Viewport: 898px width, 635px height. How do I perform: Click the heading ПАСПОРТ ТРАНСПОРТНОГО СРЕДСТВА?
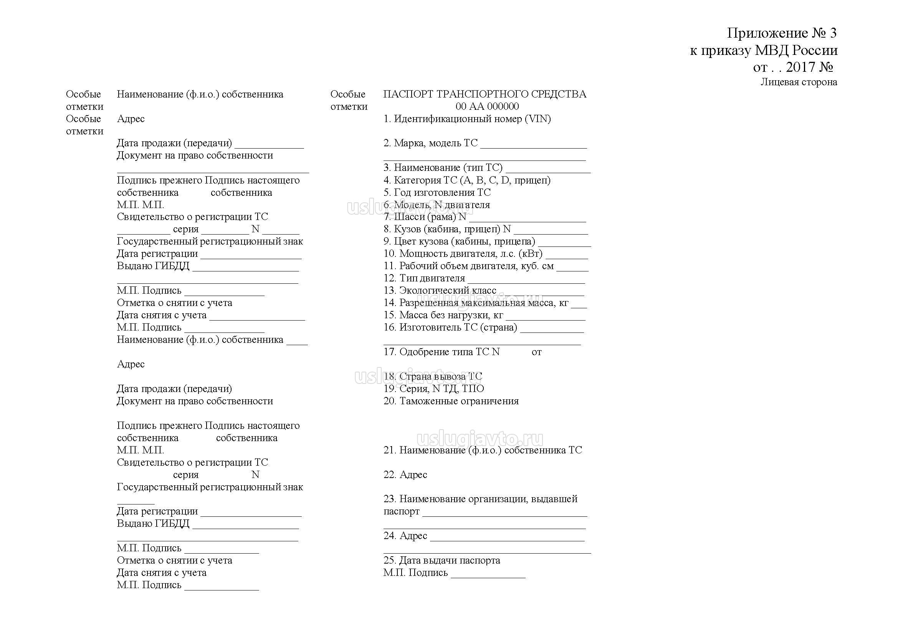coord(485,94)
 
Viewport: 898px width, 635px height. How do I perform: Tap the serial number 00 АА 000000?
coord(487,106)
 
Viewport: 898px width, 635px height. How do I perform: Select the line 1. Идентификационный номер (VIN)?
coord(467,119)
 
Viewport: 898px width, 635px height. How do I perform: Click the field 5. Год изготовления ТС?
coord(437,192)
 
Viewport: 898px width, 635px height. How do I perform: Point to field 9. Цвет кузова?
coord(459,241)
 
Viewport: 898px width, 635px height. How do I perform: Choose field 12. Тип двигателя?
coord(424,278)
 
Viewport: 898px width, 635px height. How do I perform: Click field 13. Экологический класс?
coord(440,291)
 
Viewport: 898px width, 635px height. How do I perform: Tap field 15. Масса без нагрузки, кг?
coord(443,315)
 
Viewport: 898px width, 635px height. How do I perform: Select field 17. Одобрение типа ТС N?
coord(442,352)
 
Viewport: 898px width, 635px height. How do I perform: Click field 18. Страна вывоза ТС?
coord(433,377)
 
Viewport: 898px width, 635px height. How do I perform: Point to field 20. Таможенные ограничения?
coord(451,401)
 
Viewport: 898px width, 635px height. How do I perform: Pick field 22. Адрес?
coord(405,475)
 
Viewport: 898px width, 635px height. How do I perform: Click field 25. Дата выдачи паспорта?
coord(442,560)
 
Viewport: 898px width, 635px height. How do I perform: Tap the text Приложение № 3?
coord(781,33)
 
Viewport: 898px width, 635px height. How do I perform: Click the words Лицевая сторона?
coord(799,82)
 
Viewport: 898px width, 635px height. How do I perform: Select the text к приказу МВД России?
coord(764,50)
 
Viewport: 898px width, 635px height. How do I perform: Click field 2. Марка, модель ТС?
coord(430,143)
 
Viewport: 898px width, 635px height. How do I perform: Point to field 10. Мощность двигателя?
coord(463,254)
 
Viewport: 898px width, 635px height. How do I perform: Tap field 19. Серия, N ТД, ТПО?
coord(434,389)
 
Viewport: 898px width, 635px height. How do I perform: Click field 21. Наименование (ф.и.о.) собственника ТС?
coord(483,450)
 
